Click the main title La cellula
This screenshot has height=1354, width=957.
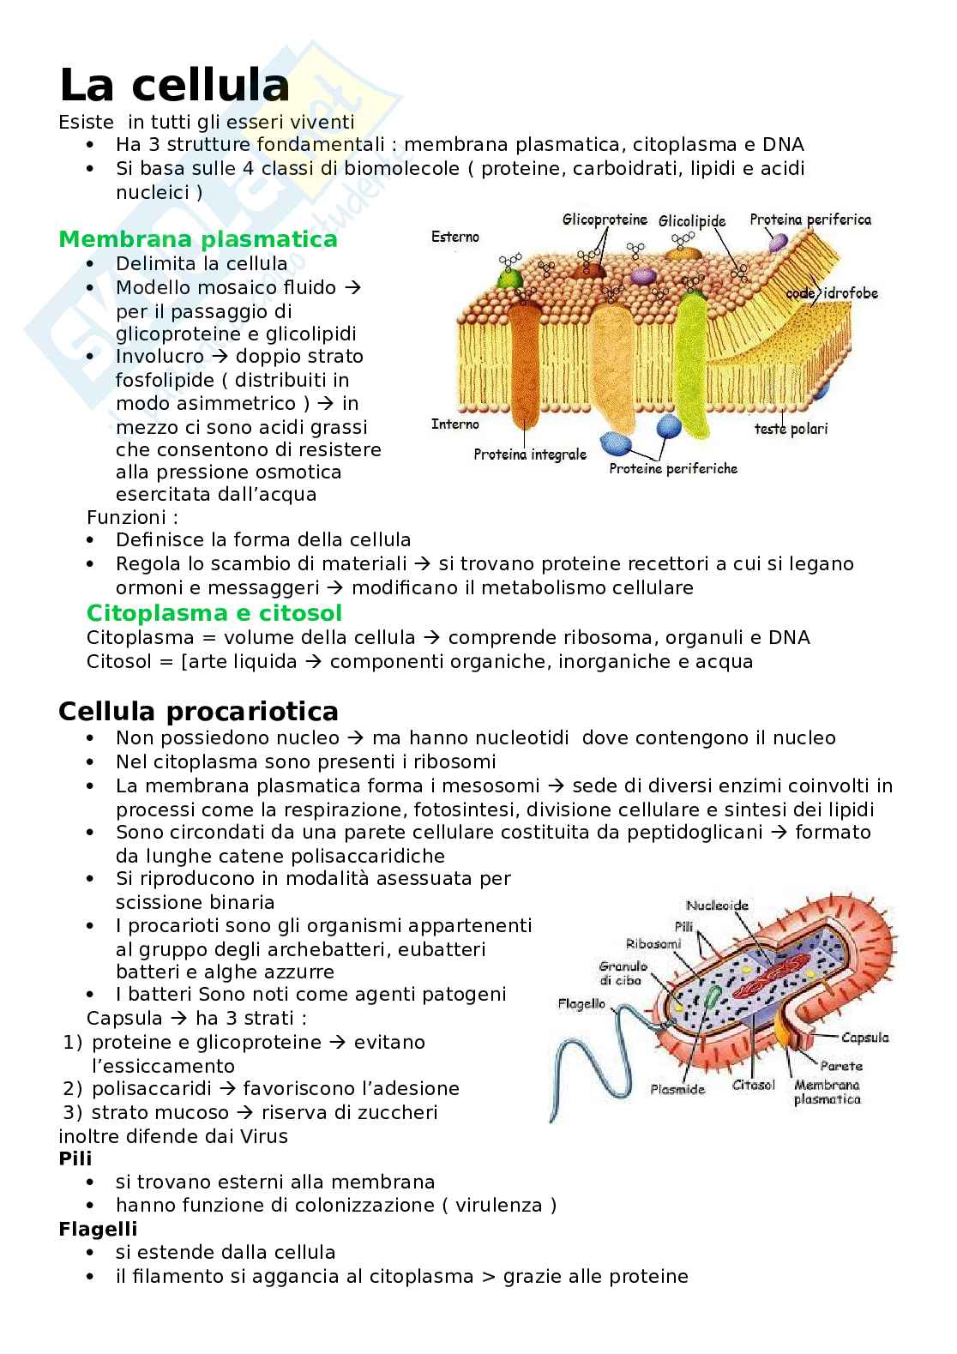pyautogui.click(x=174, y=87)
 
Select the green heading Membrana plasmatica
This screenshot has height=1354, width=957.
pyautogui.click(x=198, y=239)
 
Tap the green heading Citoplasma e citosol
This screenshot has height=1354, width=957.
pyautogui.click(x=214, y=613)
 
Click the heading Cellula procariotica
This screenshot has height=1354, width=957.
pyautogui.click(x=198, y=712)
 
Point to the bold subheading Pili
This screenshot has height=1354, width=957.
pyautogui.click(x=75, y=1158)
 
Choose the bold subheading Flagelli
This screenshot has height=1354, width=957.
pyautogui.click(x=98, y=1229)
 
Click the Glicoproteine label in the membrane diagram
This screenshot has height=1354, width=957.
pyautogui.click(x=605, y=220)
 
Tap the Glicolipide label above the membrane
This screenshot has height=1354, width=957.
pyautogui.click(x=692, y=221)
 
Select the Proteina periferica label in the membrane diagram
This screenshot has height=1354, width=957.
pyautogui.click(x=810, y=220)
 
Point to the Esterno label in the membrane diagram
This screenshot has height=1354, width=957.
pyautogui.click(x=455, y=237)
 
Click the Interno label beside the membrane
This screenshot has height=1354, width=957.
pyautogui.click(x=455, y=424)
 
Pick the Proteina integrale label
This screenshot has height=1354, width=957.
pyautogui.click(x=530, y=454)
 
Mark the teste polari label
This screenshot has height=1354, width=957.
pyautogui.click(x=791, y=429)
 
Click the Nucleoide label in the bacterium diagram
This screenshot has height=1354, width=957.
pyautogui.click(x=717, y=905)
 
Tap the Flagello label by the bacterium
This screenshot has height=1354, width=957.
pyautogui.click(x=581, y=1003)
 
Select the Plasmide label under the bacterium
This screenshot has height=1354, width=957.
pyautogui.click(x=677, y=1089)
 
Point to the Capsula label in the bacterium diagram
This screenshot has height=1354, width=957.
pyautogui.click(x=864, y=1038)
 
